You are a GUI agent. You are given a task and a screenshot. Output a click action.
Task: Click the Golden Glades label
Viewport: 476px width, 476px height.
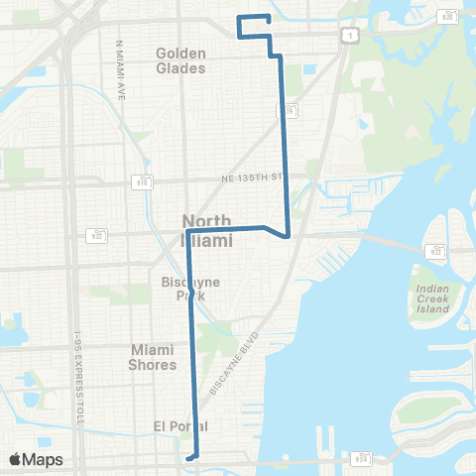click(180, 60)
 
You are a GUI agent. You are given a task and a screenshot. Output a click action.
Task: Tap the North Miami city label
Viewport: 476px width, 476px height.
click(207, 230)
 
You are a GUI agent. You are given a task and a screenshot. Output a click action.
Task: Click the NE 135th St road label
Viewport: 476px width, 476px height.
click(250, 178)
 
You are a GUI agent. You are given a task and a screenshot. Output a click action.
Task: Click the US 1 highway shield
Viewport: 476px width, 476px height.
click(350, 35)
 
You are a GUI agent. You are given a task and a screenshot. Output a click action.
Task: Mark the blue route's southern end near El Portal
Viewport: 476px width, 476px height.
click(195, 457)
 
